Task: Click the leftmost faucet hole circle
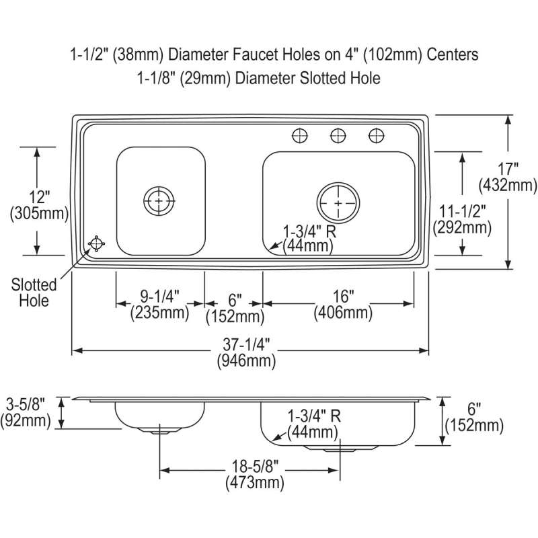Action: [x=300, y=136]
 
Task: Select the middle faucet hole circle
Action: [x=338, y=136]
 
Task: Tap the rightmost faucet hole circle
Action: [x=377, y=136]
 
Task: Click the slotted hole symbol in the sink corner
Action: [x=96, y=244]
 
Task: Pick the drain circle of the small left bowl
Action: [x=159, y=201]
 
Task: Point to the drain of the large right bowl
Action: [x=338, y=203]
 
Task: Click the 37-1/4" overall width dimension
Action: [x=247, y=344]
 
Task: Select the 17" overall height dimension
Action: [x=508, y=169]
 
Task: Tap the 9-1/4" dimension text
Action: [x=160, y=297]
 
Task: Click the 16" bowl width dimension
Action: [x=343, y=296]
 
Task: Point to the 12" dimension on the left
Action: [x=40, y=197]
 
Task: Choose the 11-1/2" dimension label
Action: [x=463, y=211]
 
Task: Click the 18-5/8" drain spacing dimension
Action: [x=255, y=466]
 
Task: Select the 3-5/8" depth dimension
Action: [x=26, y=404]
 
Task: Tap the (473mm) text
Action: [x=255, y=483]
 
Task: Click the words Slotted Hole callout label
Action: [x=34, y=293]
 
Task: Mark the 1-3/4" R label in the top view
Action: [x=309, y=231]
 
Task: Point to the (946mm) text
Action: [x=246, y=360]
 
